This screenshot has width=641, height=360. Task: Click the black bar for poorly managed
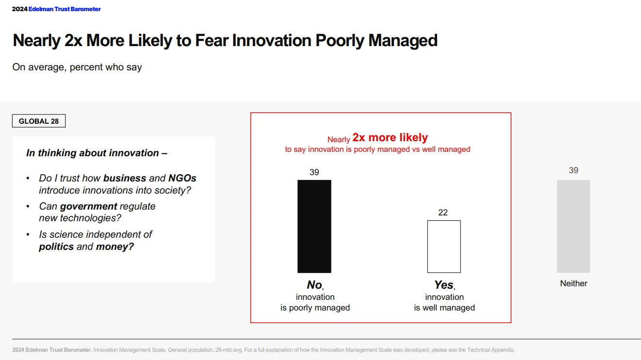314,226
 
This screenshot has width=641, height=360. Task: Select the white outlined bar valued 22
444,246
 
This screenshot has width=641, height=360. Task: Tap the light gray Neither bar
573,226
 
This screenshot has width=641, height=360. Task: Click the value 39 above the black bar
314,172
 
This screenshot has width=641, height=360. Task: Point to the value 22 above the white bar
443,213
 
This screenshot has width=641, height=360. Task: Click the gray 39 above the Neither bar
573,170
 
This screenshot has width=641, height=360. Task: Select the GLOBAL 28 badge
39,121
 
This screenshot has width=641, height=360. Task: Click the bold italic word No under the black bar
314,285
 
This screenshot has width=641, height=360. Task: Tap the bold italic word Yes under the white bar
444,285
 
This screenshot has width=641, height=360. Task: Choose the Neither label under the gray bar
574,283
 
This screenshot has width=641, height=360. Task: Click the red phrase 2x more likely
390,138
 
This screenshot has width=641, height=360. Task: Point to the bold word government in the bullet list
88,206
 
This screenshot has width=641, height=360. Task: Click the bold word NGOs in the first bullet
182,178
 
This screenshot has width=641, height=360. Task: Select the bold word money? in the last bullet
115,246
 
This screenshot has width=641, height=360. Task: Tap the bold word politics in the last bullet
56,246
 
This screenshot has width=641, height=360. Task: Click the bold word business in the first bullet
125,178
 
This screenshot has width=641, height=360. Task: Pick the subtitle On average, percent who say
77,67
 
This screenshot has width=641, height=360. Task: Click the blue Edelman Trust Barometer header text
65,9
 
